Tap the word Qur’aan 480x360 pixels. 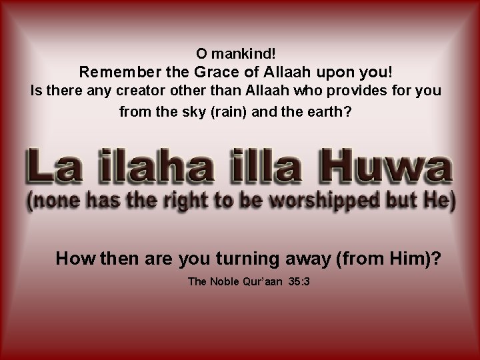click(265, 282)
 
